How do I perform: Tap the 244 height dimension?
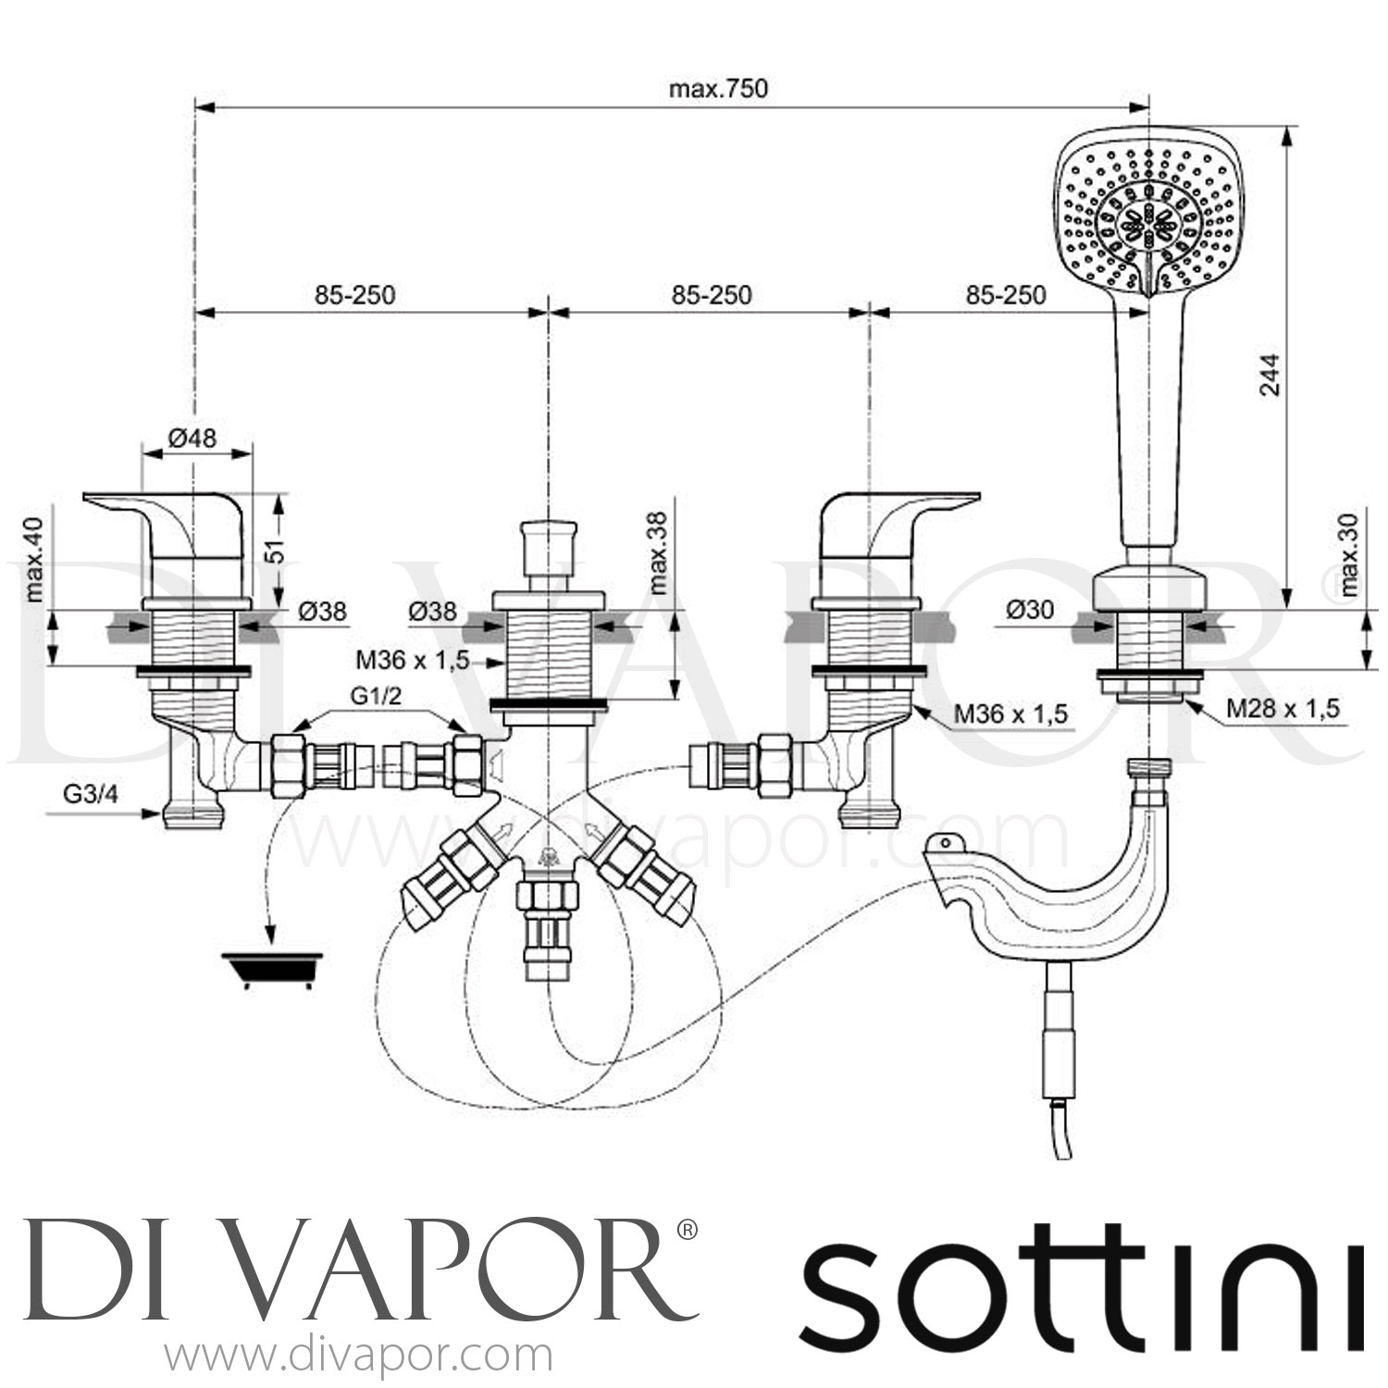pyautogui.click(x=1271, y=374)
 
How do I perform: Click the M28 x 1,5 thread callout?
pyautogui.click(x=1283, y=709)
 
